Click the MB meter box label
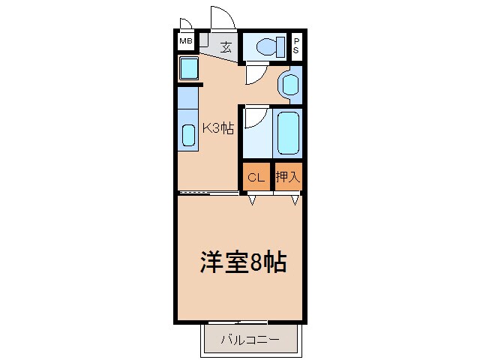(x=184, y=42)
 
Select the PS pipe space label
(x=296, y=46)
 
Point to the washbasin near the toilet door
(x=288, y=83)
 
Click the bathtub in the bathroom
(x=287, y=133)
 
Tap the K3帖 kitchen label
(x=217, y=128)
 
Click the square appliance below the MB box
(x=187, y=69)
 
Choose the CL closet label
(x=256, y=178)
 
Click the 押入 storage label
(x=287, y=178)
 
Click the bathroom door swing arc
(x=256, y=117)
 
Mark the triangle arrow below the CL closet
(x=252, y=199)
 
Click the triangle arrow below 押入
(x=295, y=199)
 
